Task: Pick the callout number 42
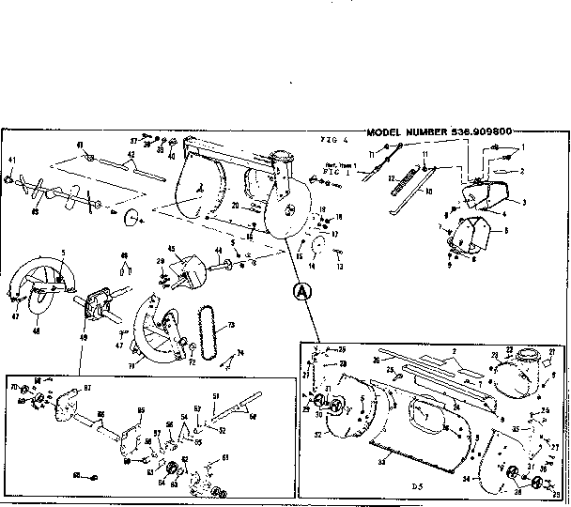click(x=132, y=155)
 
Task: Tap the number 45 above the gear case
click(x=171, y=248)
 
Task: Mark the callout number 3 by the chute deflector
click(x=523, y=202)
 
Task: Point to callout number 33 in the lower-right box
click(x=380, y=461)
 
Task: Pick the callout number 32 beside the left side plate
click(x=319, y=435)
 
